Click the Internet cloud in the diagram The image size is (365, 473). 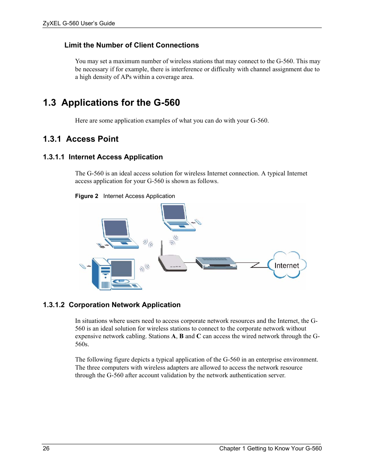pos(287,265)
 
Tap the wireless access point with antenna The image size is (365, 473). pos(172,263)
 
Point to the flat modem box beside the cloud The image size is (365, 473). pos(216,263)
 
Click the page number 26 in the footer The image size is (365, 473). pos(46,448)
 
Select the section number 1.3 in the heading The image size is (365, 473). pos(49,103)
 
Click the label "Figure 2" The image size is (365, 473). pos(86,196)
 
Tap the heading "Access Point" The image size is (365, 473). pos(92,139)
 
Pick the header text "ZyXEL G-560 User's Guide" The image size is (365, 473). pos(79,23)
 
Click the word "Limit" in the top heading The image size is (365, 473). pos(73,45)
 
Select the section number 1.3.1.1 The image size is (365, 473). pos(54,157)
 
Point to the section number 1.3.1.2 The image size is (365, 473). pos(54,305)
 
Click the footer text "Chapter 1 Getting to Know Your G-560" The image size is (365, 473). pos(270,448)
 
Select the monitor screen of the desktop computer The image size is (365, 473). pos(122,268)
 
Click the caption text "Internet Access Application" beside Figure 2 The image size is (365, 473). pos(139,196)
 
